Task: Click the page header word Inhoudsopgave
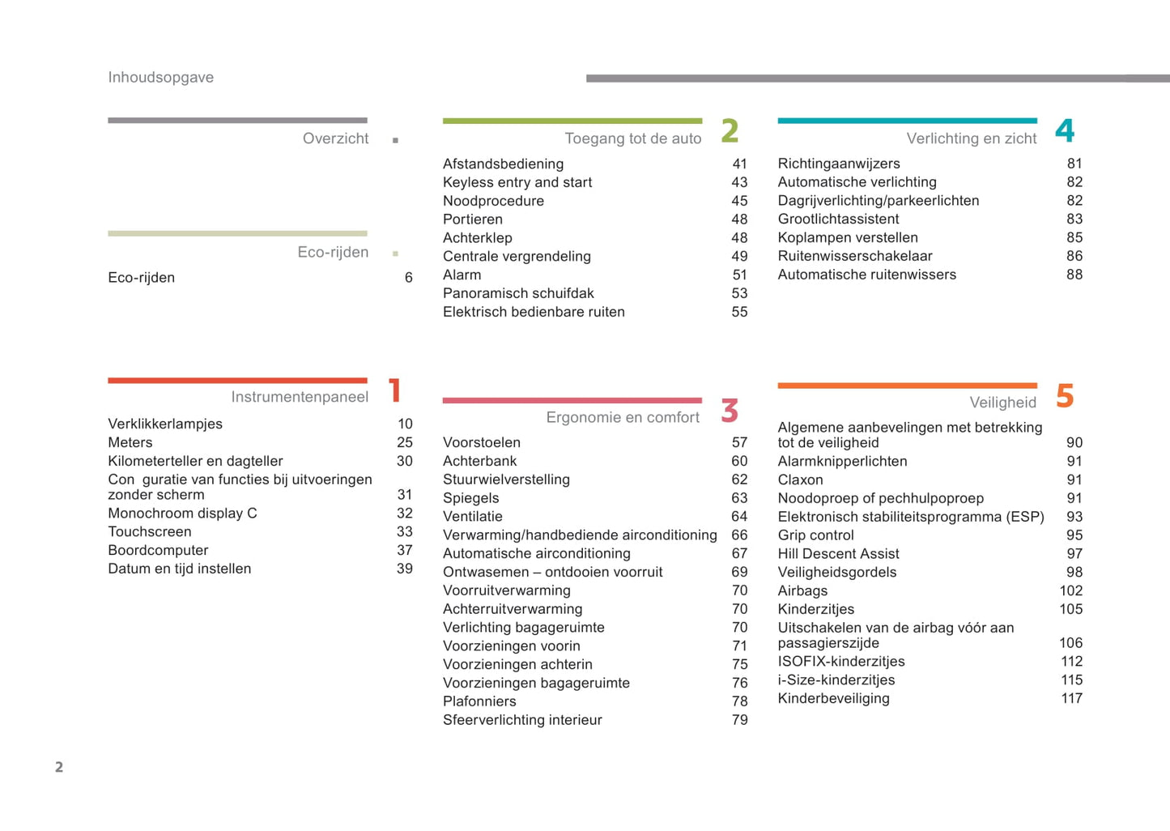(x=160, y=78)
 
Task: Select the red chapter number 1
(x=395, y=390)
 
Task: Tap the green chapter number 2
(x=730, y=130)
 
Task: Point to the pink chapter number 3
(x=730, y=411)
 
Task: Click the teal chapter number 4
(x=1065, y=130)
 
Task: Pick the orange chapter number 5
(x=1065, y=396)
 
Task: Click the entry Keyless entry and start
(x=517, y=182)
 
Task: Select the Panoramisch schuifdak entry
(x=518, y=293)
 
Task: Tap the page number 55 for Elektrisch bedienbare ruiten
(x=739, y=312)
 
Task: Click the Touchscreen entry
(x=150, y=531)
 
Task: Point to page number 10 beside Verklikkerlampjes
(x=405, y=424)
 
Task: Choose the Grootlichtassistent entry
(x=838, y=219)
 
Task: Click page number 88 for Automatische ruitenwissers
(x=1074, y=275)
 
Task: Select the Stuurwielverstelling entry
(x=506, y=479)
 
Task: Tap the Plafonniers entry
(x=479, y=701)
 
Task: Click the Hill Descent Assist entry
(x=838, y=554)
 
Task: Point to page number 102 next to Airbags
(x=1070, y=590)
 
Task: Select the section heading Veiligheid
(x=1002, y=403)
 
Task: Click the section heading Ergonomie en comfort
(x=623, y=417)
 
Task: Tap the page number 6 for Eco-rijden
(x=409, y=278)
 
